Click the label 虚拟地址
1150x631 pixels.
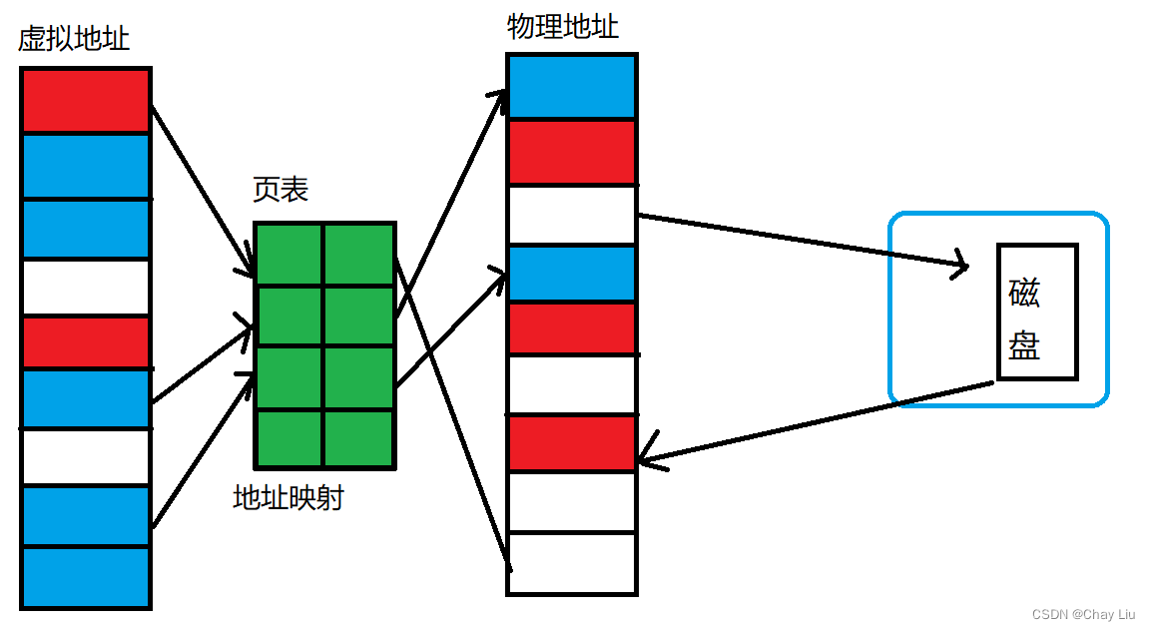tap(74, 40)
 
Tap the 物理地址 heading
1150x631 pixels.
tap(562, 27)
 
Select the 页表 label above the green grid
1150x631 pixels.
tap(281, 189)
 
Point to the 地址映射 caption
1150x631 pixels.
tap(287, 497)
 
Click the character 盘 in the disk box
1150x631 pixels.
tap(1024, 345)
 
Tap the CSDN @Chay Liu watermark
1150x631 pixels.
tap(1084, 614)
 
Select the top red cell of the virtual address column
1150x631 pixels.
tap(85, 100)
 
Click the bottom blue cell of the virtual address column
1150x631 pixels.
tap(85, 576)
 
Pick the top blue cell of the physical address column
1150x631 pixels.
tap(571, 87)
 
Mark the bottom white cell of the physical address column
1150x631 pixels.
tap(571, 562)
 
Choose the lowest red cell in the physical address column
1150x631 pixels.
tap(571, 442)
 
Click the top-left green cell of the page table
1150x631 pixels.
tap(288, 255)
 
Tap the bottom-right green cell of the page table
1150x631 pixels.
tap(359, 438)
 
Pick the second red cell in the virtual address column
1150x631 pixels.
tap(85, 341)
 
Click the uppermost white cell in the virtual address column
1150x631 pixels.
tap(85, 287)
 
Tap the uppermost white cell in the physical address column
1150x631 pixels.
tap(571, 214)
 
